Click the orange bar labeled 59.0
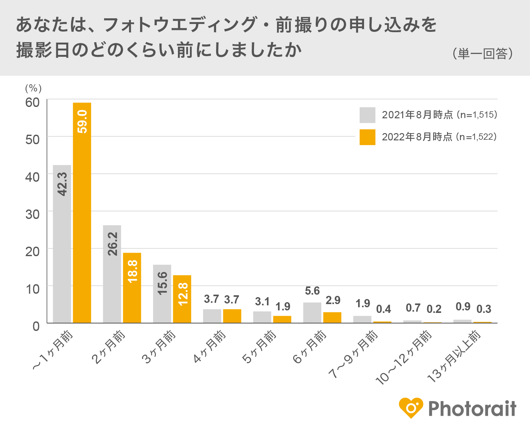pos(82,213)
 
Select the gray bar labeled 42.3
pos(62,244)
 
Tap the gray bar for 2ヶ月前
pos(112,274)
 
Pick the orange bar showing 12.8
pos(182,299)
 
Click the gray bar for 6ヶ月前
pos(312,313)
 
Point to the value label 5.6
pos(312,291)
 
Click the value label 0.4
pos(384,309)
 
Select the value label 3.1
pos(262,302)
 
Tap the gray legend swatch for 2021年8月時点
pos(367,115)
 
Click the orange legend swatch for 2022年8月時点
pos(367,137)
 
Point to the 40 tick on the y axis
pos(32,177)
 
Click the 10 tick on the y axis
pos(32,289)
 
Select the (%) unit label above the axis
pos(33,88)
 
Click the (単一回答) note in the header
pos(483,54)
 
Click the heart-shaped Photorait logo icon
pos(411,408)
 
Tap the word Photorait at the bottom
pos(472,408)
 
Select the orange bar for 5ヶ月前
pos(282,319)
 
